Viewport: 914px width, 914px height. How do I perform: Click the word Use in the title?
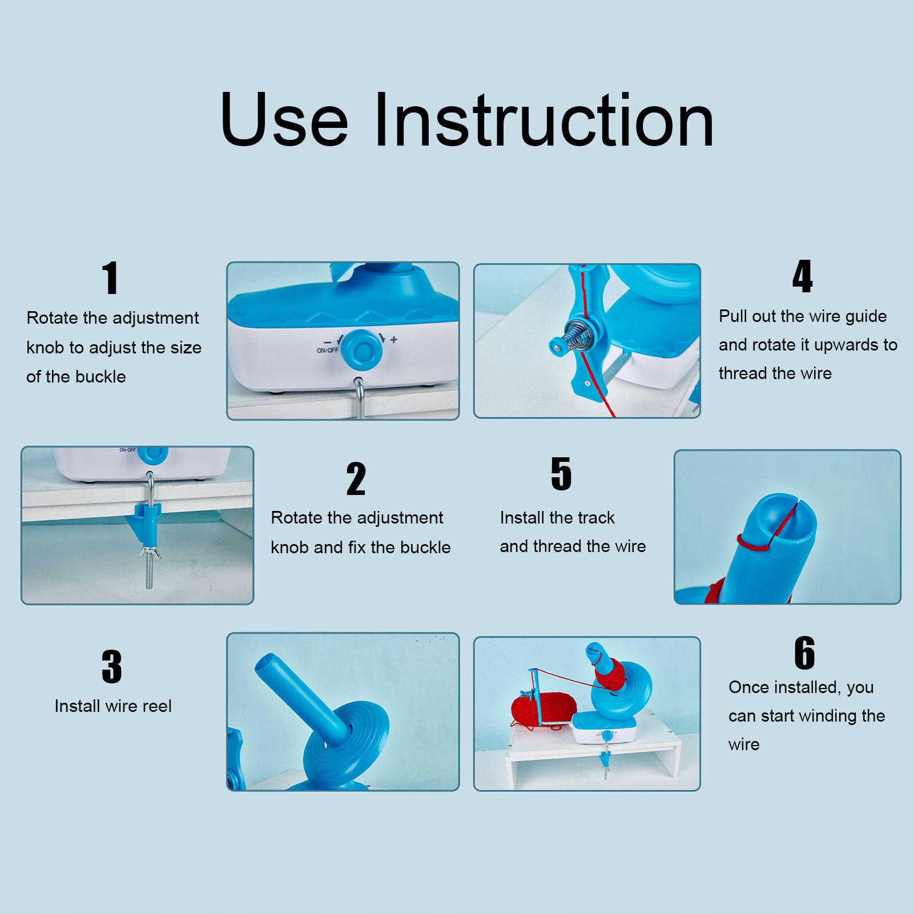[284, 120]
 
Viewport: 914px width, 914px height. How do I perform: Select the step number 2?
[356, 479]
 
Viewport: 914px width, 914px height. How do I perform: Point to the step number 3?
[112, 666]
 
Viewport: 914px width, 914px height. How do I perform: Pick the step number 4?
[802, 276]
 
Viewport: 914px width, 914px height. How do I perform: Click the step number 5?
[561, 473]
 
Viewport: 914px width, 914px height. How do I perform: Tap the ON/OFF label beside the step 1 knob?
[328, 350]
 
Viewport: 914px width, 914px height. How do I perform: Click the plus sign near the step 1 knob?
[393, 340]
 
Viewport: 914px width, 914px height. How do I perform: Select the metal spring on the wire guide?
[578, 336]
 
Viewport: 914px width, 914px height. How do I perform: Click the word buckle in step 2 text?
[425, 547]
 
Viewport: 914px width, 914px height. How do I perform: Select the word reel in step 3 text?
[157, 706]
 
